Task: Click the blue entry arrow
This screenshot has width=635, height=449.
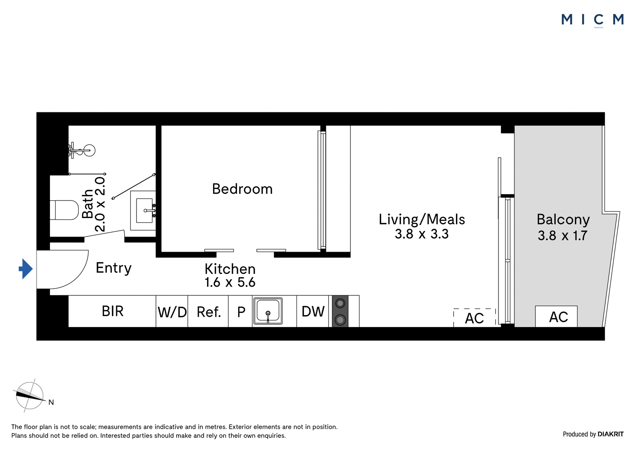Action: point(26,269)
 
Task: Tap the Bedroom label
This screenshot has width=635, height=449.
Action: point(242,189)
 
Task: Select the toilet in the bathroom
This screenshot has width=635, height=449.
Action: point(64,210)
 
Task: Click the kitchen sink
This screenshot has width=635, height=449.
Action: point(268,311)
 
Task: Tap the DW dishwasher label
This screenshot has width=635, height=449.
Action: point(313,311)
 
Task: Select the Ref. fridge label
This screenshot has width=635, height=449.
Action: point(209,312)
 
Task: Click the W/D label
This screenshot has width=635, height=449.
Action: point(172,312)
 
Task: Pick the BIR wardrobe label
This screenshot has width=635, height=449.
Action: point(113,311)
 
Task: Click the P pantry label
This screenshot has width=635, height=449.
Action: point(241,312)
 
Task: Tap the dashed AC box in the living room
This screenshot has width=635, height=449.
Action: point(475,318)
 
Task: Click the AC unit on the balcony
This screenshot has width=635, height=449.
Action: point(556,316)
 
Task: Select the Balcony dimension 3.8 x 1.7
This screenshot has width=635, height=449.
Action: point(562,236)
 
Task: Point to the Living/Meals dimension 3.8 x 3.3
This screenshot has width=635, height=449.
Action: point(421,234)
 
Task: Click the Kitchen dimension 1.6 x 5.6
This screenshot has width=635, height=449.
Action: point(230,282)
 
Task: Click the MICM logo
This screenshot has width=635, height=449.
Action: point(593,20)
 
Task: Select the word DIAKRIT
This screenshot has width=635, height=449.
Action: point(611,434)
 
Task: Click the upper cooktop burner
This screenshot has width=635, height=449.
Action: point(340,303)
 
